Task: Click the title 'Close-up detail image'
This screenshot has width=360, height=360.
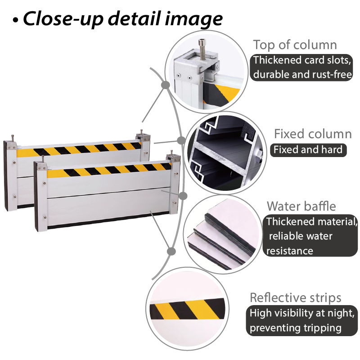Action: pos(123,19)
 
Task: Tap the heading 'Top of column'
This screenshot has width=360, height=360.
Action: pos(295,45)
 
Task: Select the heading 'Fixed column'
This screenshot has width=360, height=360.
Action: pos(313,134)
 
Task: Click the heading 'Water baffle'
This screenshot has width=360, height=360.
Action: pos(301,206)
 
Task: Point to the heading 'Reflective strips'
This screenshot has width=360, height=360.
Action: pos(296,297)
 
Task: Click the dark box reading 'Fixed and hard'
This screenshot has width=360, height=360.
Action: pos(308,150)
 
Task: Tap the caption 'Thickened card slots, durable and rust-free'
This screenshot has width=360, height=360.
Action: pos(301,67)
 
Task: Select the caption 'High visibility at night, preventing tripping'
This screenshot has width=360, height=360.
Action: pos(301,320)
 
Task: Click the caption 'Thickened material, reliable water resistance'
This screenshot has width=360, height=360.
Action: pos(310,236)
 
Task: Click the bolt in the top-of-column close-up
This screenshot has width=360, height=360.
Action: pos(202,49)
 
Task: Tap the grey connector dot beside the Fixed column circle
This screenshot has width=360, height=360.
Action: pos(181,140)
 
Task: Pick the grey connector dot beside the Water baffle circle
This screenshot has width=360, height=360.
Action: pos(183,196)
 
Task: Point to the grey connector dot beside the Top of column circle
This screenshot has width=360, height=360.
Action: pos(166,85)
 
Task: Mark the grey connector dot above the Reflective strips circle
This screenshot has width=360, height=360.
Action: pos(171,251)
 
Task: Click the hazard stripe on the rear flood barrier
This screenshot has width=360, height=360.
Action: pos(79,149)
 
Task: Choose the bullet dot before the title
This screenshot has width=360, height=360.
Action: pos(15,20)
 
